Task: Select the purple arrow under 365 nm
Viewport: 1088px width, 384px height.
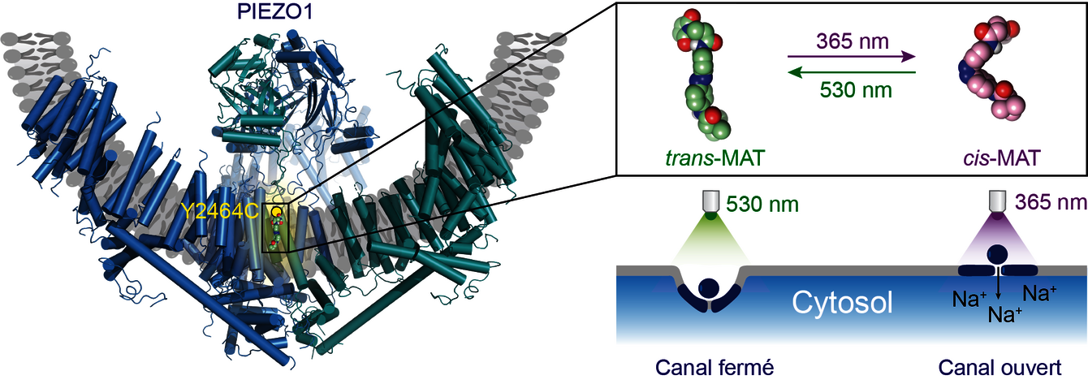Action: point(852,57)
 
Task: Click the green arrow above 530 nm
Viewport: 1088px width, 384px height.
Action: point(852,72)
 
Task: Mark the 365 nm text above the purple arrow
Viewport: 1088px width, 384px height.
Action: point(852,41)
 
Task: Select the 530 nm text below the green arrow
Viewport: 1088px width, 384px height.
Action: point(852,89)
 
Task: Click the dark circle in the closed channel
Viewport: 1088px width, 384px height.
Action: point(710,287)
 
